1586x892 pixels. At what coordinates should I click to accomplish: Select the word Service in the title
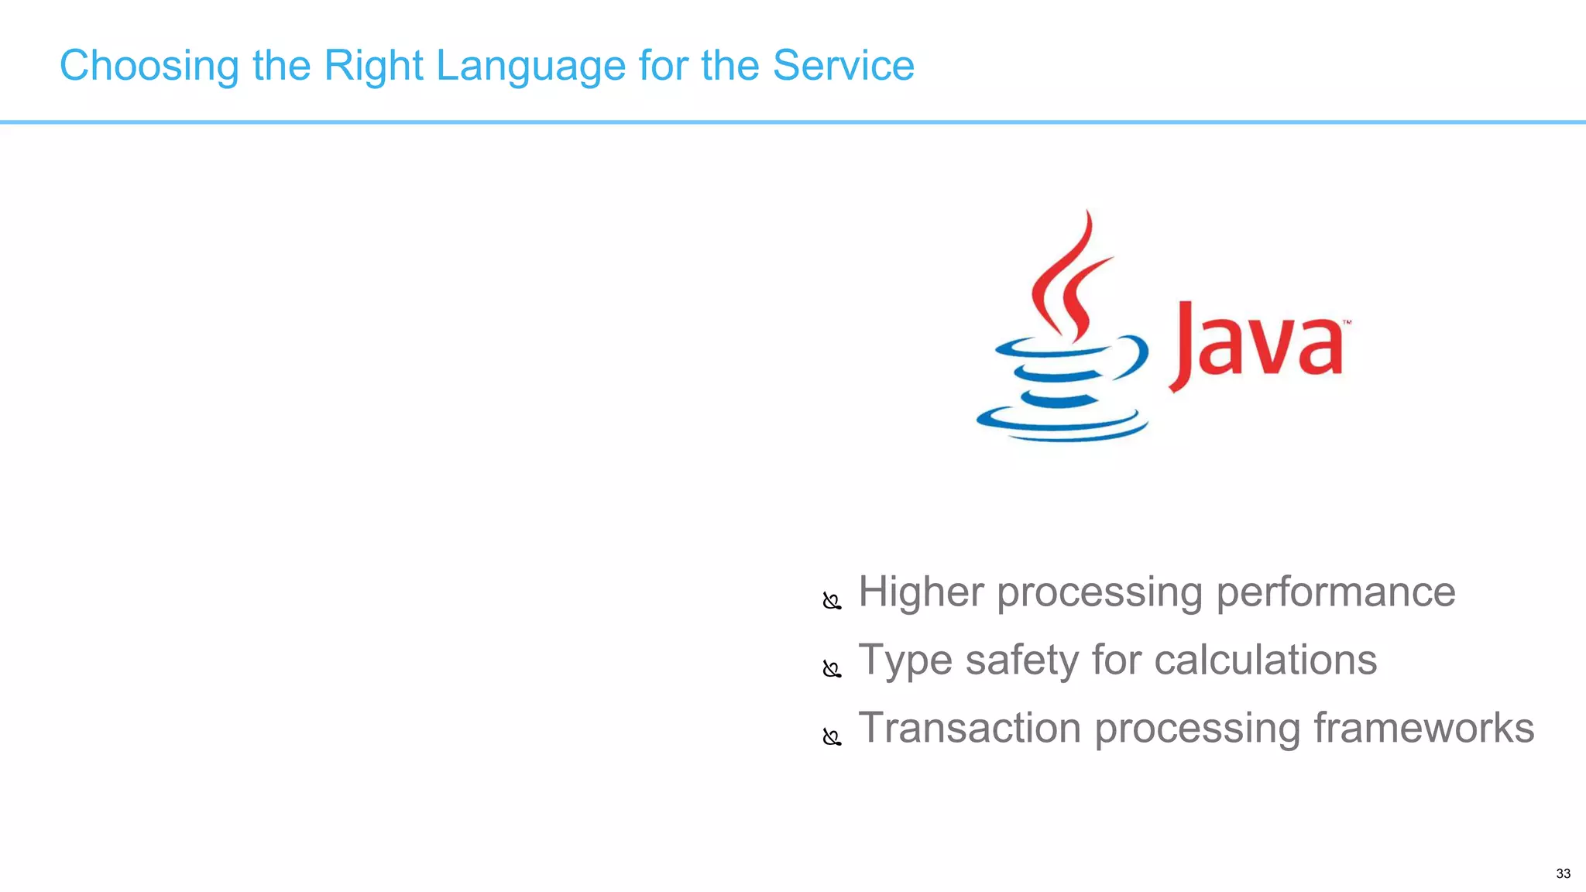pos(843,66)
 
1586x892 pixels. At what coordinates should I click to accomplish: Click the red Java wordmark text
pos(1258,345)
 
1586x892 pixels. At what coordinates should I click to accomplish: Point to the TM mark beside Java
pos(1347,322)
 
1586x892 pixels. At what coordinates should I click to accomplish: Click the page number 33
pos(1563,873)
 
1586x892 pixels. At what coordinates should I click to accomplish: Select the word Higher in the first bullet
pos(921,592)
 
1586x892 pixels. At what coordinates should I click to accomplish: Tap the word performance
pos(1335,592)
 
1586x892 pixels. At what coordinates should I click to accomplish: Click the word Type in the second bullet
pos(905,660)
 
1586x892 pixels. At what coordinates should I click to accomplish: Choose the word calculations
pos(1265,660)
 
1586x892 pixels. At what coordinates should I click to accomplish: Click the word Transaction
pos(970,729)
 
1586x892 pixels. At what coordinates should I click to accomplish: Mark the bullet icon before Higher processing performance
pos(832,601)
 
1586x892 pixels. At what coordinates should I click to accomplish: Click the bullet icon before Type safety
pos(832,669)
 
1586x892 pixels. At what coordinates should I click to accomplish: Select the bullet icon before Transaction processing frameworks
pos(832,737)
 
